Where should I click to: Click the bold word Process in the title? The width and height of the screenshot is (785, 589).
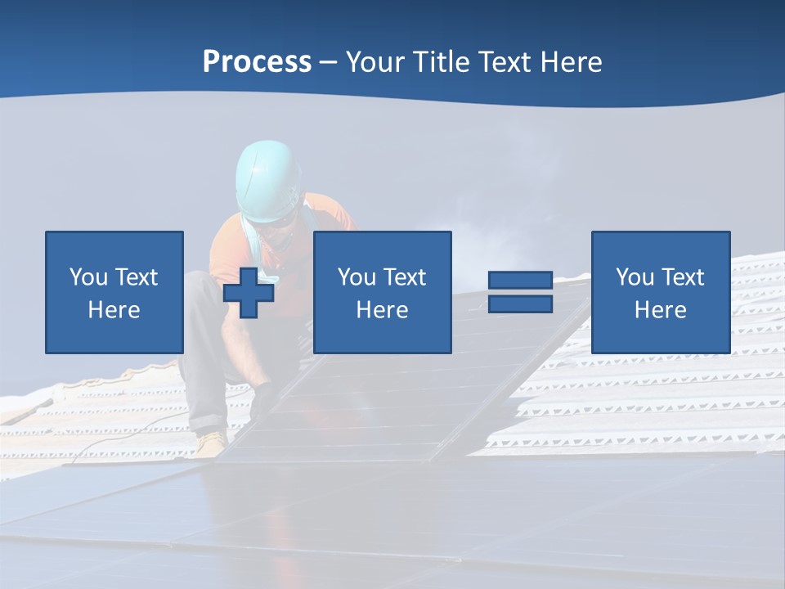257,62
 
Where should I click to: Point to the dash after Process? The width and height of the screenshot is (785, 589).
329,63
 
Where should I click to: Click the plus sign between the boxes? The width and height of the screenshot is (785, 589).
249,293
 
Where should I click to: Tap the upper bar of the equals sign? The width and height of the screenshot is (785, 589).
520,281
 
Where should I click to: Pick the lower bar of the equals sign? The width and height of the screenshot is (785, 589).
520,303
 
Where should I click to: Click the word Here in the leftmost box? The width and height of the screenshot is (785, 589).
114,310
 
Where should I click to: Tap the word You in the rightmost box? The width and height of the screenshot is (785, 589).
635,277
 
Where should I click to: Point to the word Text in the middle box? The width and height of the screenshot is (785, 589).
406,277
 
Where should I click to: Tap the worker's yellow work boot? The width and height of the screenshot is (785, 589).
211,443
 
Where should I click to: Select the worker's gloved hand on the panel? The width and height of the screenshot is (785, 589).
263,400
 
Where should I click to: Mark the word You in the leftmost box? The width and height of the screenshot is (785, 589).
88,277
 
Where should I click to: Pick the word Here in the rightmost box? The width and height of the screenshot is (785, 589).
661,310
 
